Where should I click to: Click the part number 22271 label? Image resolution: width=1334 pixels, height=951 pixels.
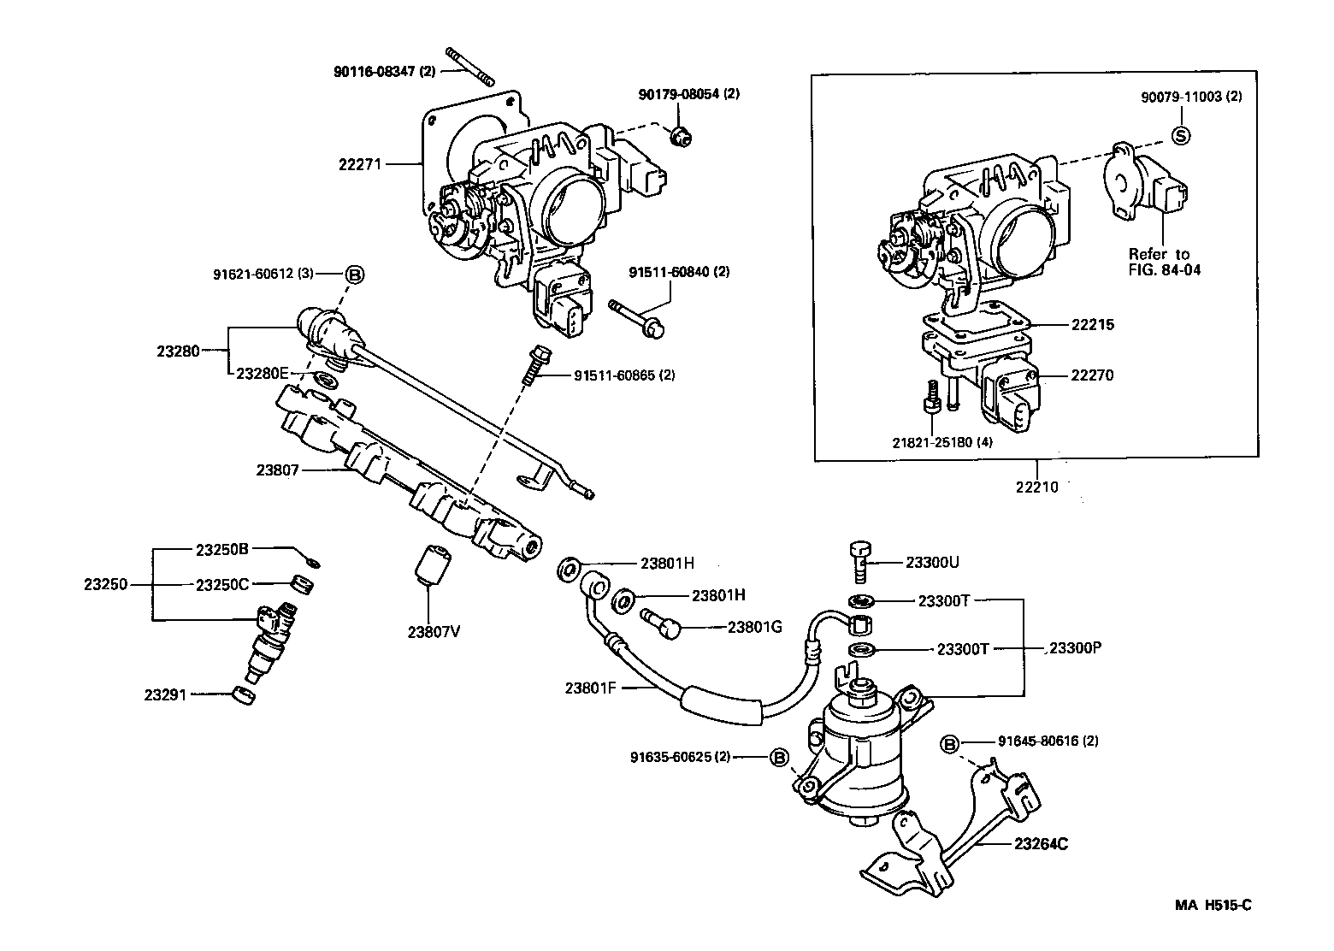tap(359, 162)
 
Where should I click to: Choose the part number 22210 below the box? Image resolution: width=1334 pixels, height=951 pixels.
tap(1036, 487)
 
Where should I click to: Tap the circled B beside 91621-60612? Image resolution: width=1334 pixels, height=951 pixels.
tap(354, 275)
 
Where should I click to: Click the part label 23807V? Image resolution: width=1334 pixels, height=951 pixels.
tap(434, 632)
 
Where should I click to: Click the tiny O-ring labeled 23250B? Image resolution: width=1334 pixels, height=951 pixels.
tap(314, 563)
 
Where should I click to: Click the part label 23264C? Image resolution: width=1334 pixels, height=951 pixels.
tap(1041, 844)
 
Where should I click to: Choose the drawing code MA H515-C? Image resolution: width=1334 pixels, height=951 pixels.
tap(1213, 906)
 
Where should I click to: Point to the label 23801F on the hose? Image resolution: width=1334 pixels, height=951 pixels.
tap(590, 687)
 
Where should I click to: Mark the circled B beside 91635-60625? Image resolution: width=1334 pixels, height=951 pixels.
tap(778, 757)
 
